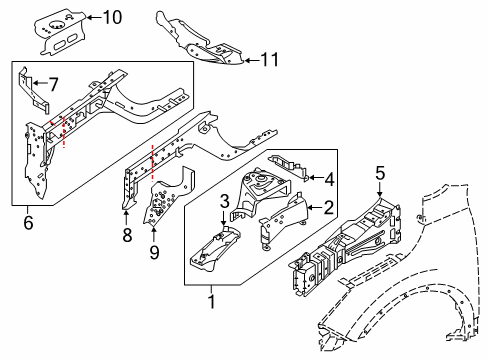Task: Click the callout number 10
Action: point(112,16)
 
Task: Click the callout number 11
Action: point(269,60)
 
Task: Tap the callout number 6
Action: point(27,223)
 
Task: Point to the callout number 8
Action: point(126,236)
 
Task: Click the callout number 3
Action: point(225,203)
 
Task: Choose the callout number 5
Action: point(379,172)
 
